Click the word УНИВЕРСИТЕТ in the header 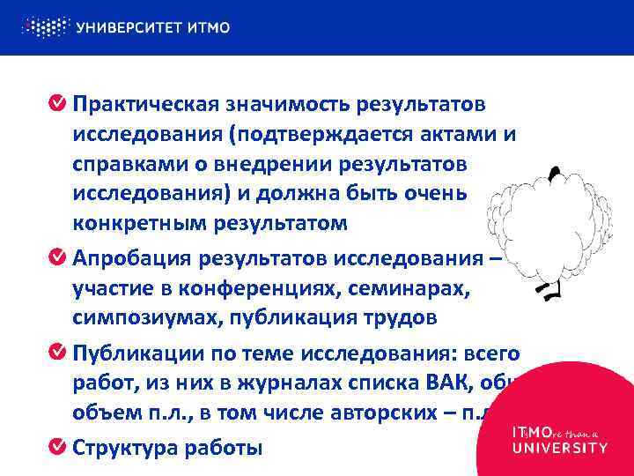(x=129, y=27)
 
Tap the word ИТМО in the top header (x=209, y=27)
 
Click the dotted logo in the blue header (x=45, y=26)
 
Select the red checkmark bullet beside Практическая (x=55, y=106)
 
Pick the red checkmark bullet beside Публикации (x=55, y=353)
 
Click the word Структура (x=125, y=447)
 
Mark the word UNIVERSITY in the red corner (x=559, y=447)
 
